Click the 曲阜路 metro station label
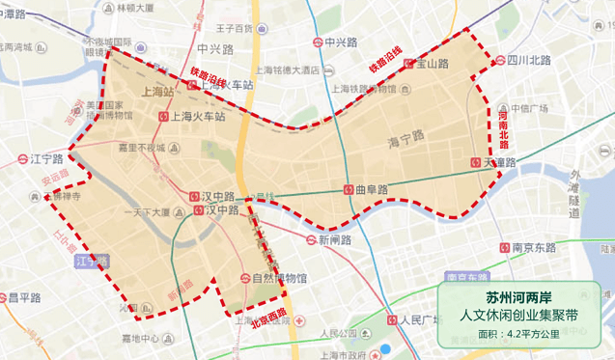371,189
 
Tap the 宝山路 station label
433,64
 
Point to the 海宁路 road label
405,140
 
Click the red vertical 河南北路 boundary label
503,126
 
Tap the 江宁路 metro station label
45,158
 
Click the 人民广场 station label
420,319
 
